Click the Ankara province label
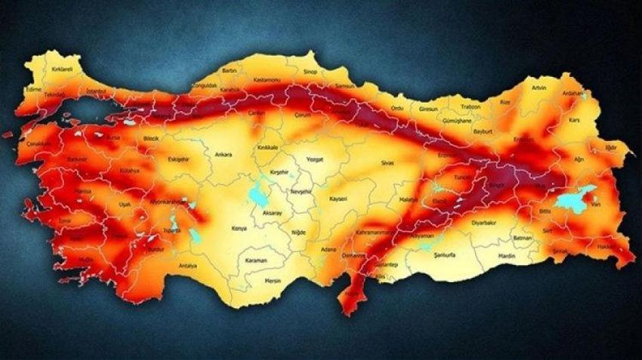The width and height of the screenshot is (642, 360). [224, 155]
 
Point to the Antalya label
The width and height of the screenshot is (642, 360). [188, 266]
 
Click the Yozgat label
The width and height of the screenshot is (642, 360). [314, 159]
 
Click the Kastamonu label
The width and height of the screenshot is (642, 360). [266, 78]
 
